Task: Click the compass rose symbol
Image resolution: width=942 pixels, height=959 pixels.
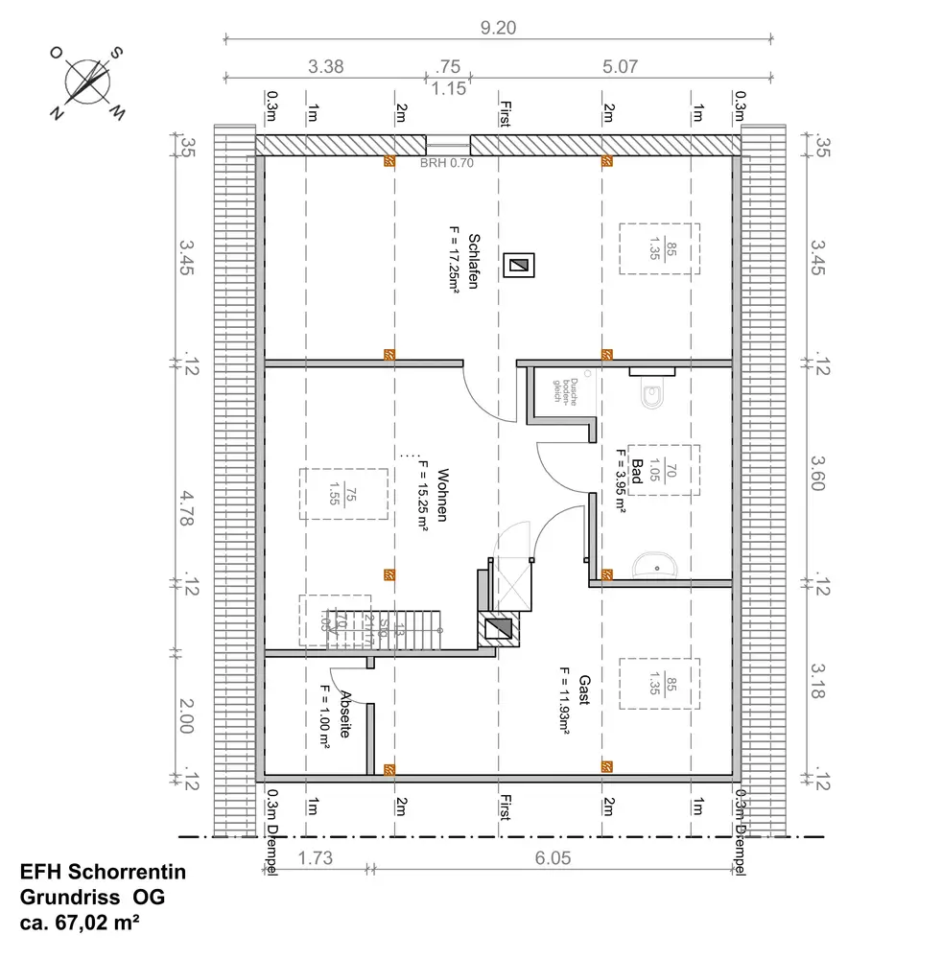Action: point(88,82)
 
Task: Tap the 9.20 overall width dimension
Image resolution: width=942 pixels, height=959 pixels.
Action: point(498,28)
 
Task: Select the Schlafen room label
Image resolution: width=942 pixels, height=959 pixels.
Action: point(473,259)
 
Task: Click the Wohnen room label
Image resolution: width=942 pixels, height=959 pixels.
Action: point(442,495)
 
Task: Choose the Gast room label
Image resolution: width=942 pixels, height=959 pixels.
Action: point(582,688)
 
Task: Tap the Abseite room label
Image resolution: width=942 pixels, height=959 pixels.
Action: point(345,714)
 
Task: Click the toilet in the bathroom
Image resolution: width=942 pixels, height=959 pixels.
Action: point(653,394)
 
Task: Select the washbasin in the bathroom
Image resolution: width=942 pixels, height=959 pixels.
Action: point(656,566)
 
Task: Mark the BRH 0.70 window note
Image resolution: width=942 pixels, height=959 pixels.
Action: point(447,163)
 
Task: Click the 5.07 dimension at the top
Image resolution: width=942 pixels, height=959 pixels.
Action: point(621,67)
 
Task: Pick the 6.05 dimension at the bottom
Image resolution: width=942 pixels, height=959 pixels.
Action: point(555,858)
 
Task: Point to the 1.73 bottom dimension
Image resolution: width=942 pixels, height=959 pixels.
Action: point(315,858)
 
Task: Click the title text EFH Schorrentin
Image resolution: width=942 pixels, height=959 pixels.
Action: point(103,873)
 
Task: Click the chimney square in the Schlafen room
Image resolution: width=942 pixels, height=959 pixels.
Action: point(519,265)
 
